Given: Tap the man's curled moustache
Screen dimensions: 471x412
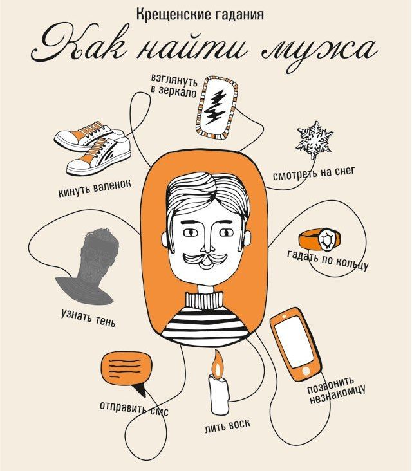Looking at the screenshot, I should tap(205, 259).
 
